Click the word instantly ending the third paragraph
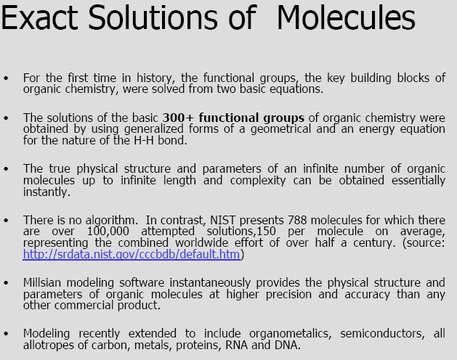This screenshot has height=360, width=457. [x=46, y=192]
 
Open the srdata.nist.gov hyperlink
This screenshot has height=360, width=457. [x=132, y=255]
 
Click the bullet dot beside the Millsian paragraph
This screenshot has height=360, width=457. [x=7, y=282]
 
